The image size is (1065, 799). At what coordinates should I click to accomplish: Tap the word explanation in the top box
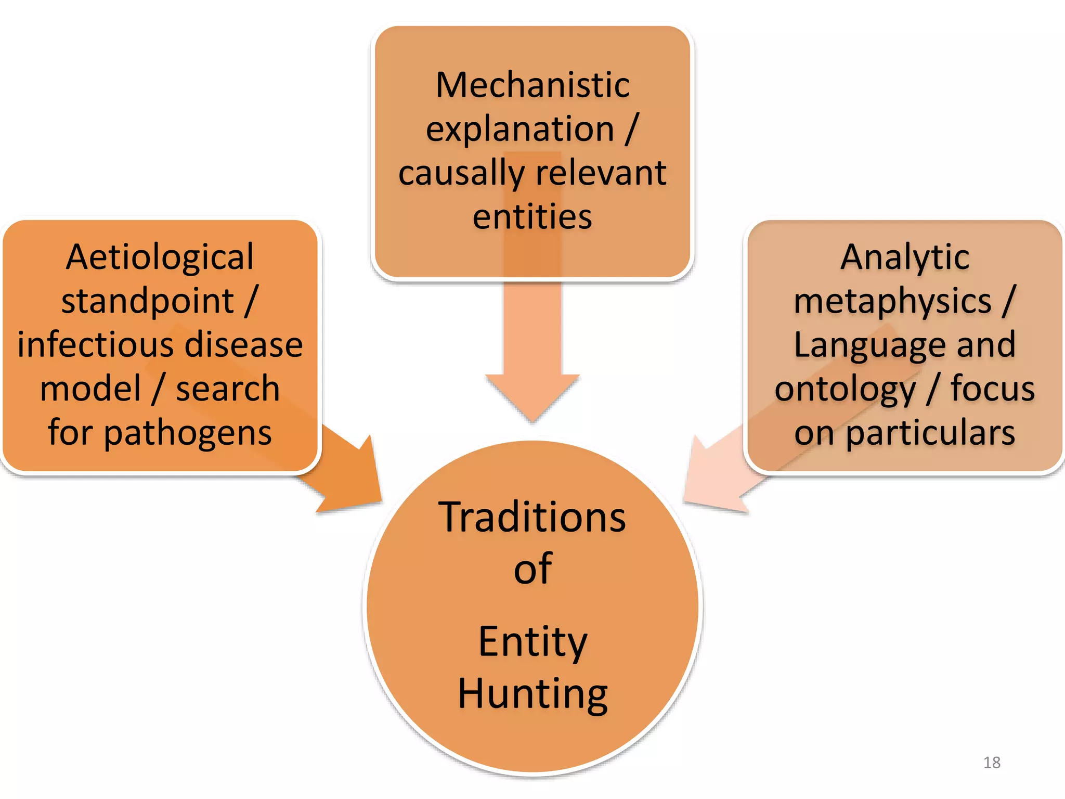coord(519,129)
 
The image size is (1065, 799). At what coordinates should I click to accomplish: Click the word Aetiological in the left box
coord(160,257)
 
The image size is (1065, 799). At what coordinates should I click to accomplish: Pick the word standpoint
coord(148,301)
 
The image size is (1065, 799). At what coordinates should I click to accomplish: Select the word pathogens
coord(188,433)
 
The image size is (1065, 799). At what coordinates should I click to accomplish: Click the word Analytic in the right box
coord(905,257)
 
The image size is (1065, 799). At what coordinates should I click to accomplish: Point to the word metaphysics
coord(892,301)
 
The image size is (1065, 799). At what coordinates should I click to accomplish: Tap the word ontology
coord(845,389)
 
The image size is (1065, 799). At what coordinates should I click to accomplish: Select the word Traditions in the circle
coord(532,518)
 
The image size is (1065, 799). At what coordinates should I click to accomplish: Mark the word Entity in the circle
coord(532,642)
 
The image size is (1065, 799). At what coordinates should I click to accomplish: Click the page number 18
coord(992,763)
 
